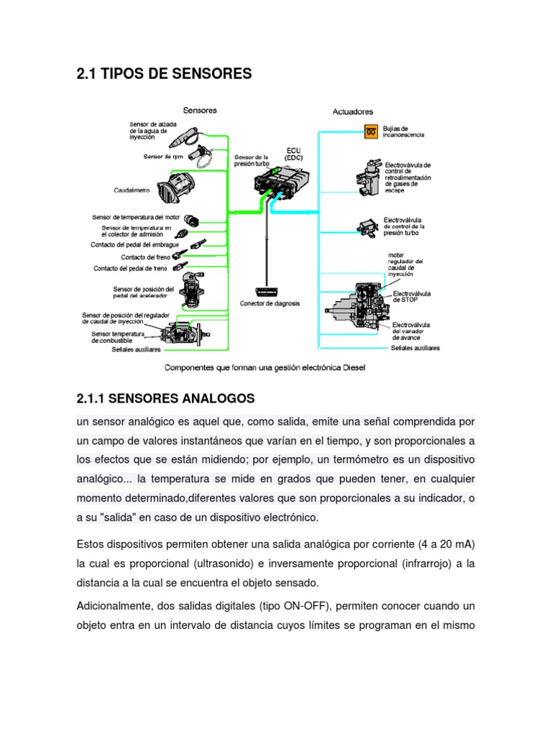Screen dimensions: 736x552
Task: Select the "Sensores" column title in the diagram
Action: click(x=200, y=111)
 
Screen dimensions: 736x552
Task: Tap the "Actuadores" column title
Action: click(x=352, y=112)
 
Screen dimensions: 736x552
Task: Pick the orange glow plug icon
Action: click(x=371, y=132)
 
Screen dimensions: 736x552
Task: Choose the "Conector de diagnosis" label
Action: click(x=270, y=303)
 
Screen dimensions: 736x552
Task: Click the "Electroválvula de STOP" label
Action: click(x=410, y=297)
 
